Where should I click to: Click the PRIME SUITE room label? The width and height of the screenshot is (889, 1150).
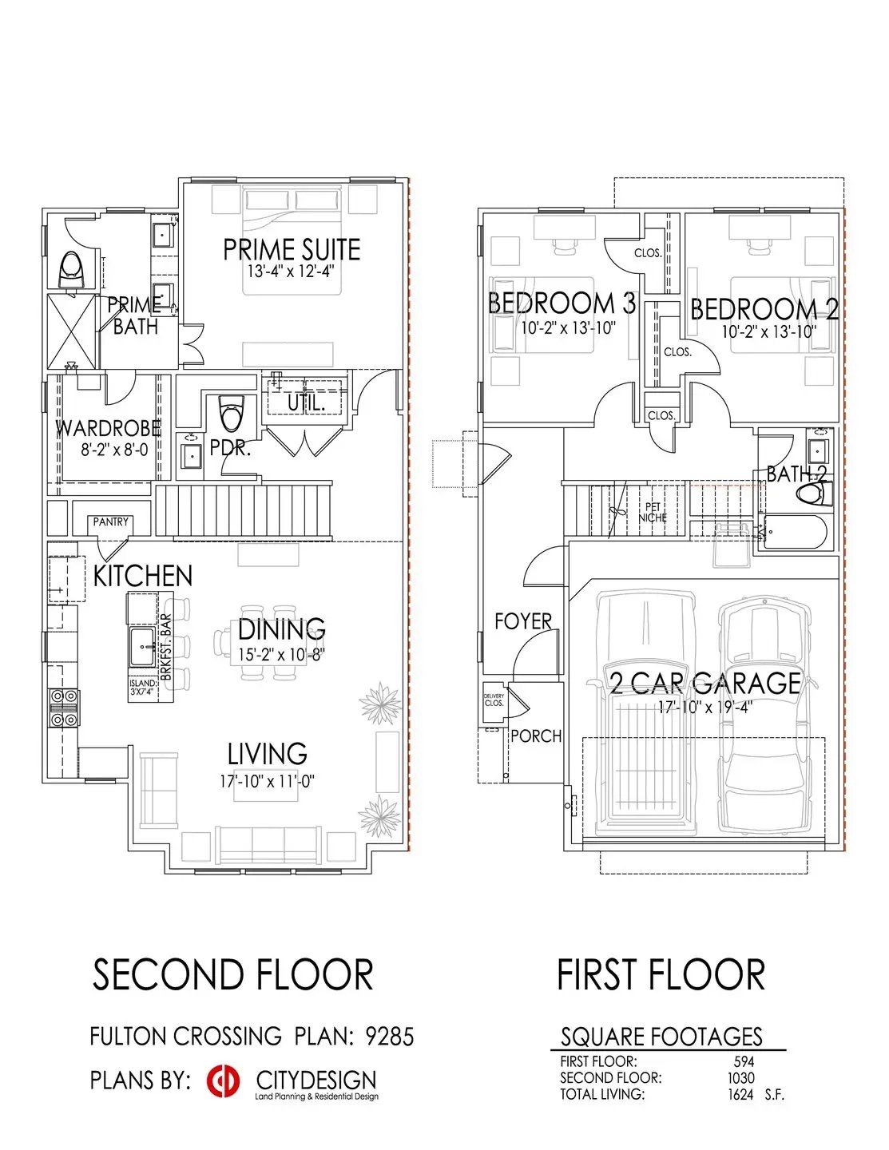[x=292, y=249]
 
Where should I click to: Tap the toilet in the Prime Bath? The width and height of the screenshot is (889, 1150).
[x=72, y=269]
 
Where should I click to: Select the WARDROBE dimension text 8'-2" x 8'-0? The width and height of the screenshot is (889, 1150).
[x=114, y=450]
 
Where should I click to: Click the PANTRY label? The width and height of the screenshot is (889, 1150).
[x=110, y=521]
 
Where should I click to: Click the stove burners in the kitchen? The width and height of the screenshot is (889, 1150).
[x=64, y=708]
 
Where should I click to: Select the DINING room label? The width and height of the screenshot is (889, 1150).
[x=281, y=629]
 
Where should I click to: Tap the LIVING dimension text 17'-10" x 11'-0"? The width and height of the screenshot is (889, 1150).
[x=268, y=781]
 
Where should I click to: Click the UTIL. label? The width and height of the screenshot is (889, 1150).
[x=306, y=403]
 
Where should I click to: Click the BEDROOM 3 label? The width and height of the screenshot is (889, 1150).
[x=562, y=303]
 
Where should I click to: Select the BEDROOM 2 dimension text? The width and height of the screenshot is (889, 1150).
[x=768, y=331]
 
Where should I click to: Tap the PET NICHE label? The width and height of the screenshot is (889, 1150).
[x=652, y=512]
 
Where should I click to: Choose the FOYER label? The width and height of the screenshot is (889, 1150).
[x=523, y=621]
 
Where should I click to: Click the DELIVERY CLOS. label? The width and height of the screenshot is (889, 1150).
[x=494, y=700]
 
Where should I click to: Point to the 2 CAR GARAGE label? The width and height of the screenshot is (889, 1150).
[x=704, y=683]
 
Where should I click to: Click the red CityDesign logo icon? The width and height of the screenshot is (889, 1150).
[x=223, y=1081]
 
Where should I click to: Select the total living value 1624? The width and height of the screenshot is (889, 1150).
[x=740, y=1095]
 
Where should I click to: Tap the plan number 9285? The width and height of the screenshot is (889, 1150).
[x=390, y=1037]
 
